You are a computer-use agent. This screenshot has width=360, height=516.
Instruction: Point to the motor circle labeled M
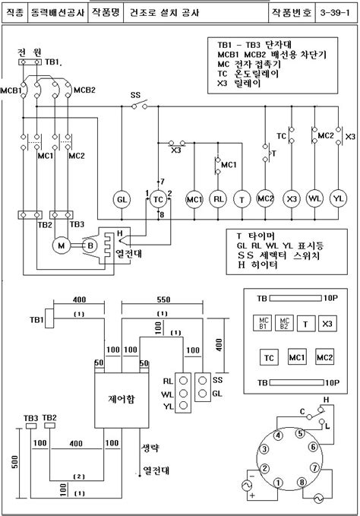pyautogui.click(x=58, y=245)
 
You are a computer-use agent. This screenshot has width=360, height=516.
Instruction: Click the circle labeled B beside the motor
pyautogui.click(x=88, y=245)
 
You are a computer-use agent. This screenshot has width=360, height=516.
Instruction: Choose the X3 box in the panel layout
pyautogui.click(x=327, y=324)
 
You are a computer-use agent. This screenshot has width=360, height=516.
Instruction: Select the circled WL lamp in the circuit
pyautogui.click(x=314, y=198)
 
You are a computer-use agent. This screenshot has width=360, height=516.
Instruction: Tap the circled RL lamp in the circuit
pyautogui.click(x=218, y=198)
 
